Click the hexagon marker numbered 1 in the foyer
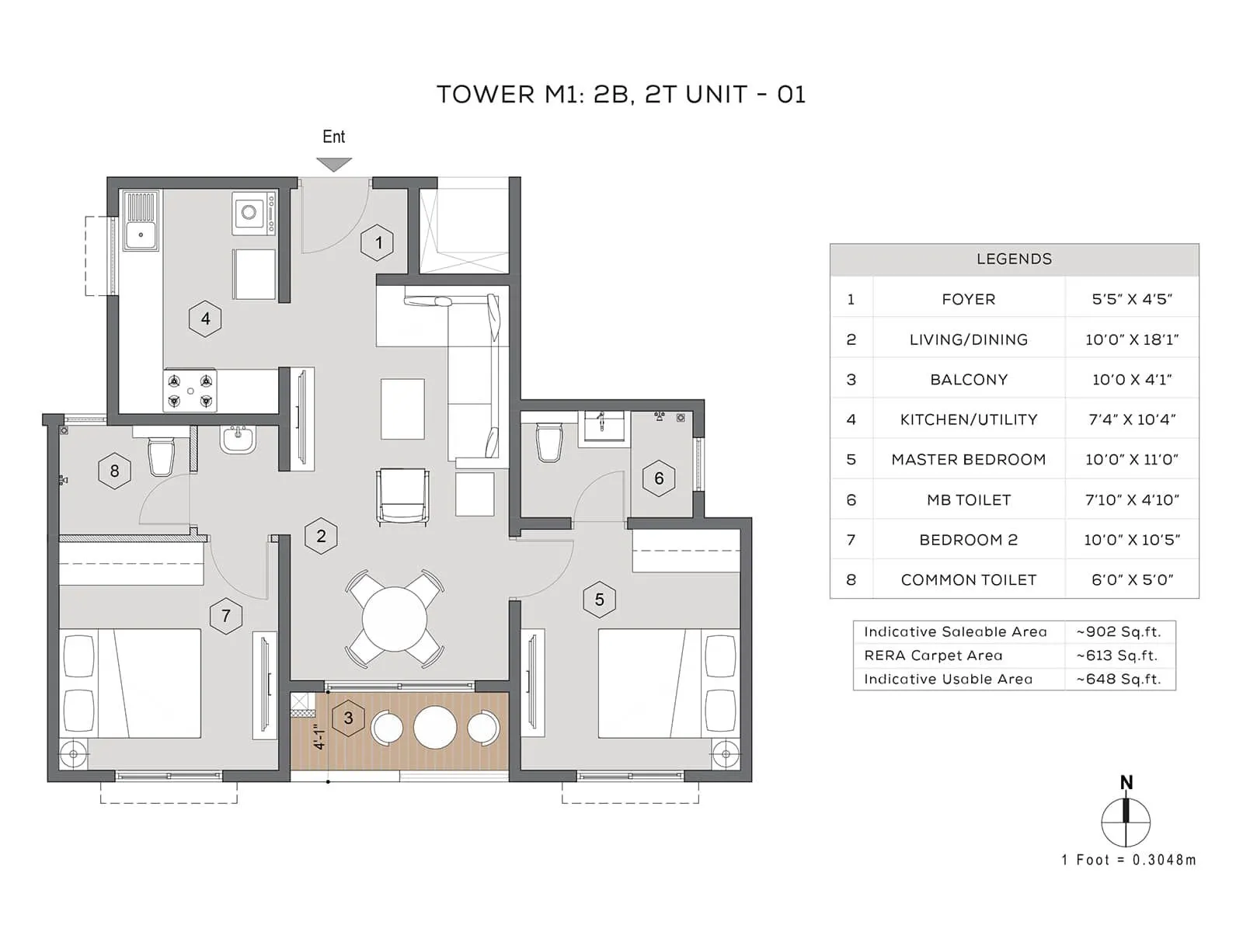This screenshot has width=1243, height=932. (x=378, y=242)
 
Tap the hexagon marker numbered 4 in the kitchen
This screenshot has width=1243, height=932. (x=205, y=318)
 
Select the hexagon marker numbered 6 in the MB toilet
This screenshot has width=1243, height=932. (x=659, y=478)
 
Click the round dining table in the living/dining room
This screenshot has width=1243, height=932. (x=395, y=619)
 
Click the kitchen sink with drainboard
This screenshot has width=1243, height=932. (x=141, y=221)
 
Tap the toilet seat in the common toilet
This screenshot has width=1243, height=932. (x=162, y=457)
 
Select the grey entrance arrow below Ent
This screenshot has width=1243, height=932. (x=334, y=164)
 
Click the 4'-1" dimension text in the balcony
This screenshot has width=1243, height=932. (x=319, y=736)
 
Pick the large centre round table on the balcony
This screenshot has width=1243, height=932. (x=435, y=727)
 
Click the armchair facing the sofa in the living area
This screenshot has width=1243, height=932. (x=402, y=496)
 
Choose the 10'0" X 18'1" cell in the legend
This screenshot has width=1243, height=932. (x=1132, y=339)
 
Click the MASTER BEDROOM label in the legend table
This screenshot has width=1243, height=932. (x=968, y=459)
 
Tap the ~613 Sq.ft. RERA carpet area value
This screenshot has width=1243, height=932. (x=1117, y=656)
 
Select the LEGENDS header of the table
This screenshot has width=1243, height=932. (x=1014, y=259)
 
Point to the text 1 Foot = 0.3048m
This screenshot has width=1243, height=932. (x=1128, y=860)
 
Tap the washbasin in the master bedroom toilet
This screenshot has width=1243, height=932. (x=604, y=425)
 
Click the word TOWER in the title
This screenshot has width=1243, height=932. (x=486, y=95)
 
